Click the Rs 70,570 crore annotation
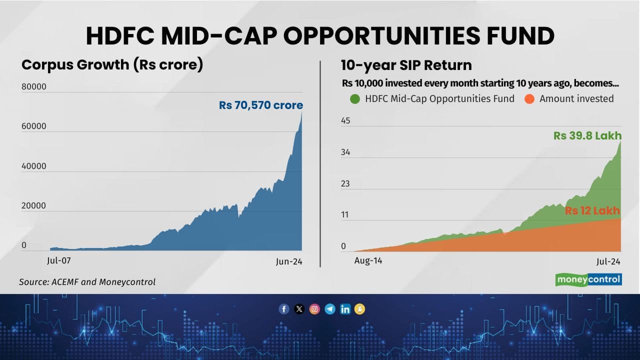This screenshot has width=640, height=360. click(x=260, y=105)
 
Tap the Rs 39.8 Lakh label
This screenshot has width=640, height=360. click(x=587, y=135)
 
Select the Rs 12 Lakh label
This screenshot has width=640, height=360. click(x=592, y=210)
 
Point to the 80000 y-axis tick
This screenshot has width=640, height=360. click(x=34, y=86)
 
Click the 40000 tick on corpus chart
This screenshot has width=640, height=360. click(x=34, y=166)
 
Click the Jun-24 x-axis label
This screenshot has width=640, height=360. click(x=289, y=261)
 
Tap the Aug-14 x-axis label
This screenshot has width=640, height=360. click(x=368, y=260)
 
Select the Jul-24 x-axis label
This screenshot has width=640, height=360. click(x=608, y=261)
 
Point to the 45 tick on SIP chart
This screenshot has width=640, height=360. click(x=345, y=120)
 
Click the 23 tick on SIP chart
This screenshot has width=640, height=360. click(x=345, y=183)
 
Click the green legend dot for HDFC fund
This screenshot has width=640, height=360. click(x=355, y=99)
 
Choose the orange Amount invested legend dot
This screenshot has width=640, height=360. click(x=529, y=99)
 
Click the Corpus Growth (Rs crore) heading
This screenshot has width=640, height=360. click(x=112, y=65)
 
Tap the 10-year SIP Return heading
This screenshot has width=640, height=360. click(x=406, y=65)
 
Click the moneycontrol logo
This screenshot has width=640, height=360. click(x=588, y=279)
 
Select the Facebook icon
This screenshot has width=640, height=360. click(x=284, y=309)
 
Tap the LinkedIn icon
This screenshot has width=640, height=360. click(x=345, y=309)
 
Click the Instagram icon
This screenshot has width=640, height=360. click(x=314, y=309)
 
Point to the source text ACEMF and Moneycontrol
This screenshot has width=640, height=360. click(x=87, y=282)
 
